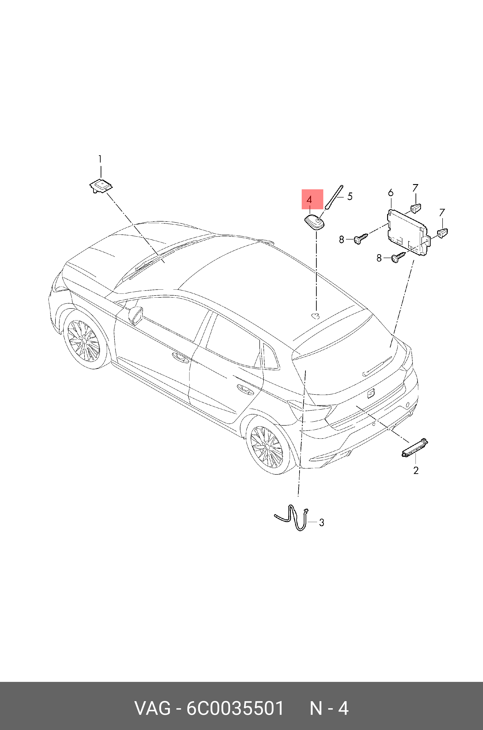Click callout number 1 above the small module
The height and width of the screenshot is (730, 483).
pos(100,159)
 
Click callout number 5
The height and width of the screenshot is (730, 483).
pos(350,196)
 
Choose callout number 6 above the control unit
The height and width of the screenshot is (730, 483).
pos(391,193)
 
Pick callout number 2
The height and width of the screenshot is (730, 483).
pos(416,471)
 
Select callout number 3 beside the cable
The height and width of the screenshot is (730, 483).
pos(321,522)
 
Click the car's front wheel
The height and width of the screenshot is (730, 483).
pos(84,340)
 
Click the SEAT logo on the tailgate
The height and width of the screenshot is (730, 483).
pos(371,393)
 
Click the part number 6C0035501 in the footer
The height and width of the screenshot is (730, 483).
pos(235,708)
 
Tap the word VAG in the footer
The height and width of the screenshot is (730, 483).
pos(152,708)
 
